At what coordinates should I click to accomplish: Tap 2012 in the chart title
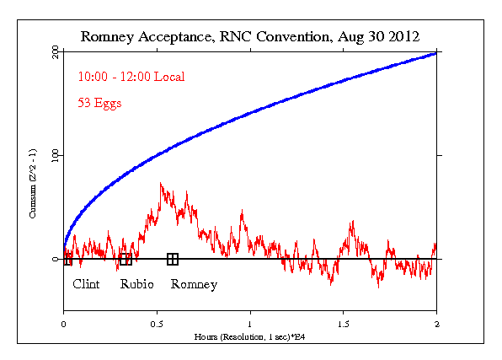[x=402, y=36]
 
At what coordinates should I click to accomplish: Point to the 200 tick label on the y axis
[x=55, y=52]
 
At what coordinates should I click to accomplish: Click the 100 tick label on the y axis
[x=55, y=156]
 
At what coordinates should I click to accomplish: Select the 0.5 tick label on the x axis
[x=157, y=324]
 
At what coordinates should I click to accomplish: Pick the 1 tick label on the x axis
[x=250, y=324]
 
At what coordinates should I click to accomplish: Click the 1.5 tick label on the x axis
[x=343, y=324]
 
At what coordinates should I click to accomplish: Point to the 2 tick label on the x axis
[x=436, y=324]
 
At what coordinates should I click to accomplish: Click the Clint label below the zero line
[x=86, y=284]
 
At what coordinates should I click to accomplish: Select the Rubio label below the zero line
[x=137, y=284]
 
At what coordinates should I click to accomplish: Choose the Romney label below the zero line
[x=194, y=284]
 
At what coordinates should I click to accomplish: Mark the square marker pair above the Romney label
[x=173, y=259]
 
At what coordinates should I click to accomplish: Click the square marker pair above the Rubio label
[x=125, y=259]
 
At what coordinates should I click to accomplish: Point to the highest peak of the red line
[x=161, y=183]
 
